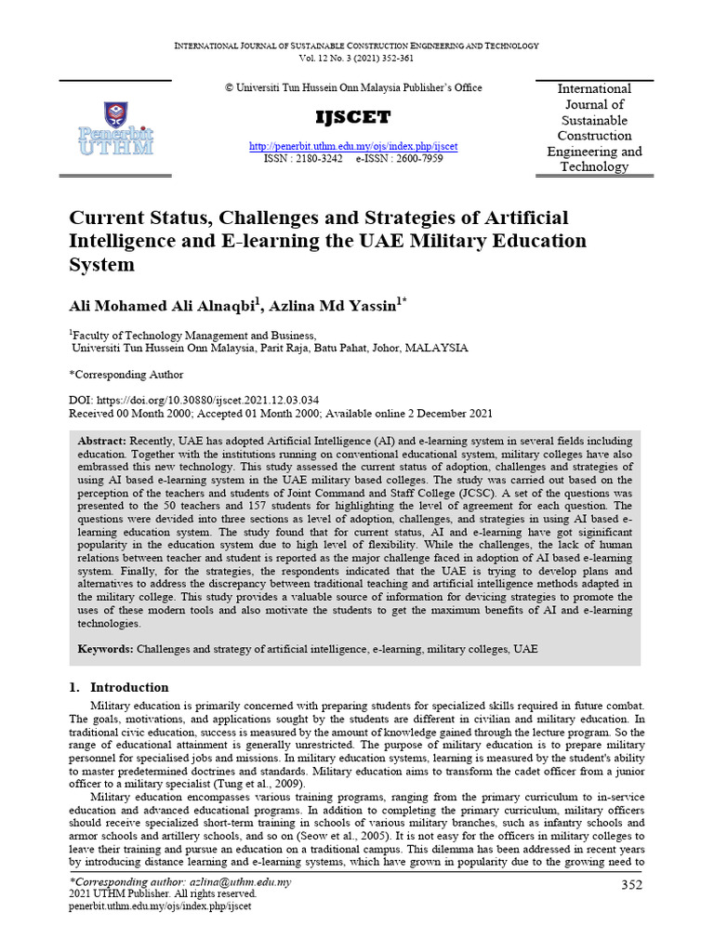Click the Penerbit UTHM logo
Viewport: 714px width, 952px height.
tap(116, 131)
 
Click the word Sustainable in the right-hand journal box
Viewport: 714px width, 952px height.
tap(593, 121)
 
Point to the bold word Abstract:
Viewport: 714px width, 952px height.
tap(103, 439)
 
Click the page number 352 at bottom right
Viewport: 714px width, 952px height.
tap(631, 884)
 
